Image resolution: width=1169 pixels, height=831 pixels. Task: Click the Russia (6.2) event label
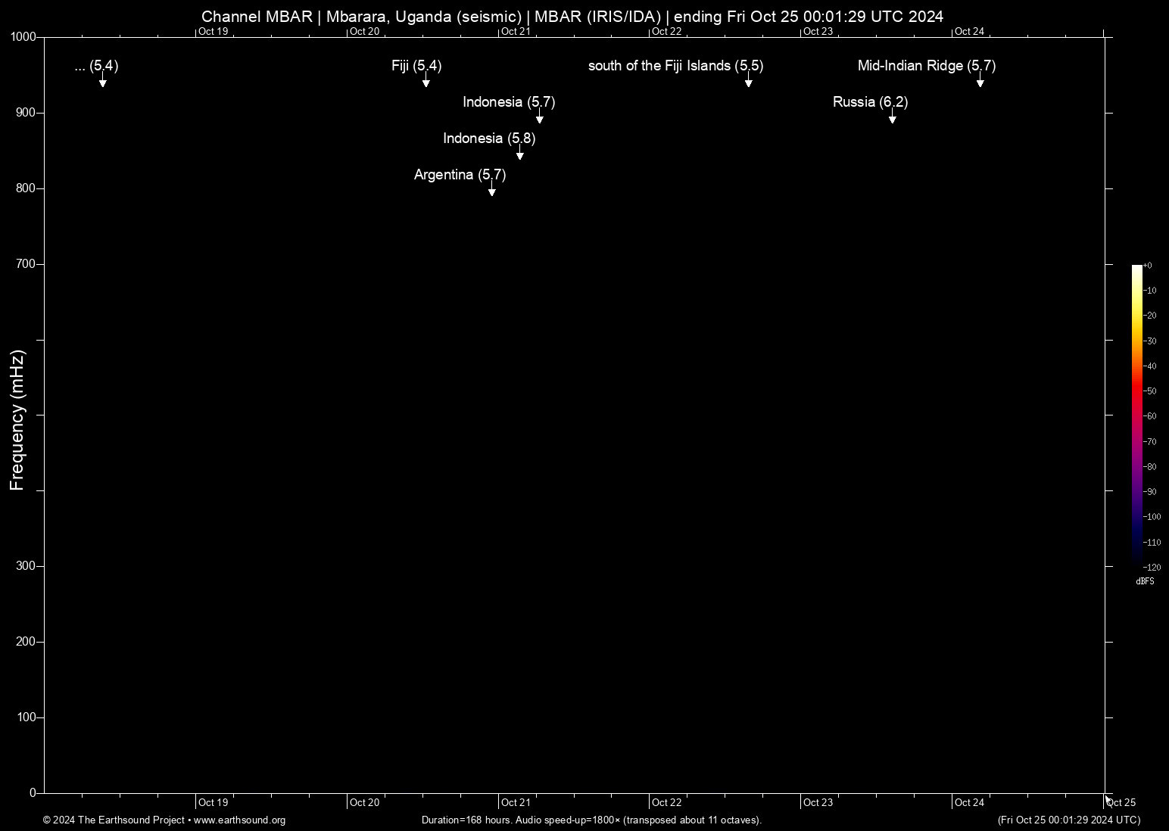tap(870, 102)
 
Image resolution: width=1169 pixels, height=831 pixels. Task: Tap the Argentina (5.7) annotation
tap(460, 175)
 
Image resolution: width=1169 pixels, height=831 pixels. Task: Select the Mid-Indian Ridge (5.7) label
tap(926, 66)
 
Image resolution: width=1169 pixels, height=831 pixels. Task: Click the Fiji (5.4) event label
tap(416, 66)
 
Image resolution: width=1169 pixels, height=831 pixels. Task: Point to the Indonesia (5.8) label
tap(489, 138)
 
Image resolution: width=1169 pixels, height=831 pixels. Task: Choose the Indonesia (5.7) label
tap(509, 102)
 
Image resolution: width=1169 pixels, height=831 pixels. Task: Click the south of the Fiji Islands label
tap(675, 66)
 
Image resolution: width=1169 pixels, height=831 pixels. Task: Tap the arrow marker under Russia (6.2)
tap(893, 119)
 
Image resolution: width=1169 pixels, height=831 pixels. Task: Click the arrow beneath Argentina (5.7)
tap(492, 191)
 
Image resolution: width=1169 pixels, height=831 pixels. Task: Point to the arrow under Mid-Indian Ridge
tap(980, 82)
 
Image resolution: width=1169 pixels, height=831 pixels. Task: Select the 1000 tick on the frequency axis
tap(23, 37)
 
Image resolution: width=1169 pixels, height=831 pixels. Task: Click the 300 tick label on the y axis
tap(26, 566)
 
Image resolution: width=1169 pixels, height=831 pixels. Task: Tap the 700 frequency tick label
tap(26, 264)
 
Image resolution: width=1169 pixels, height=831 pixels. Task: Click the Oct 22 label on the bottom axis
tap(667, 802)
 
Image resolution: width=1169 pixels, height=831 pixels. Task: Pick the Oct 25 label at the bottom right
tap(1121, 802)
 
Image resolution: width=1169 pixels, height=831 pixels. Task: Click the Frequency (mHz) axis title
tap(17, 420)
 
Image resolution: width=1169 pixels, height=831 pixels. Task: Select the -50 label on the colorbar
tap(1150, 391)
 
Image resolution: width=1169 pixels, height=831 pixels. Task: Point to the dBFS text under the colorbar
tap(1145, 581)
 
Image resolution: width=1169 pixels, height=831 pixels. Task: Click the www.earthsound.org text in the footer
tap(239, 820)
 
